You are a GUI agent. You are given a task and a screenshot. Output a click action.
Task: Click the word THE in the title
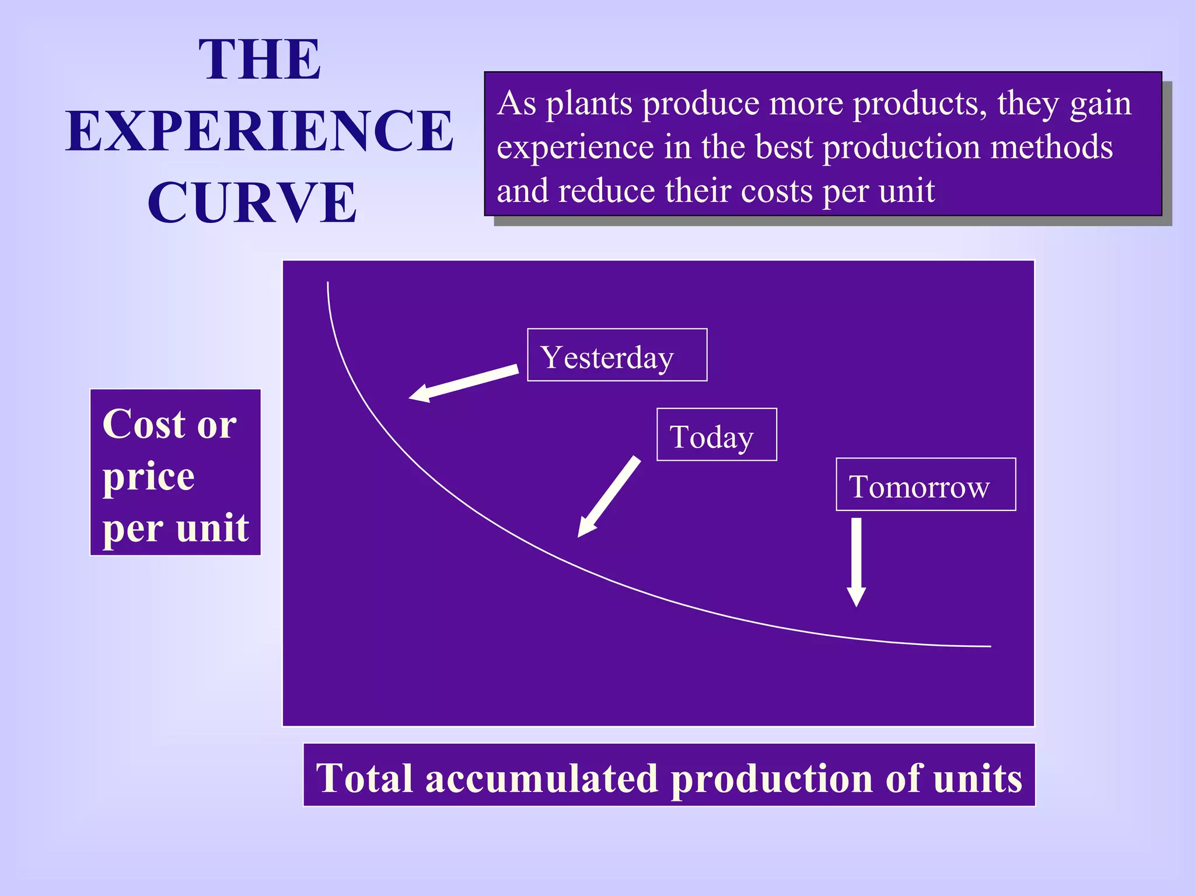[260, 60]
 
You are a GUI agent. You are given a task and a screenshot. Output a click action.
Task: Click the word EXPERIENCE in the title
[260, 131]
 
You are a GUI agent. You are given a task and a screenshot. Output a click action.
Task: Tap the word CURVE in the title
[252, 202]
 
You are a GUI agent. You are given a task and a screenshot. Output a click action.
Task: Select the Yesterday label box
[617, 355]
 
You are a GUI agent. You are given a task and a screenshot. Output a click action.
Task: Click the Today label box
[716, 435]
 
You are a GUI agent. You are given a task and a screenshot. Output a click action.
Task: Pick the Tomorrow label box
[925, 485]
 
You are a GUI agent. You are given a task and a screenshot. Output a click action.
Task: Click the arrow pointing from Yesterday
[464, 383]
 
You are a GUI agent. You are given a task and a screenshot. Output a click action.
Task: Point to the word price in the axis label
[149, 477]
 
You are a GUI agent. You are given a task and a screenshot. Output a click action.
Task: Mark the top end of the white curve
[328, 283]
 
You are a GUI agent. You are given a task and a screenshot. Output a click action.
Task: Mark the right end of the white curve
[990, 646]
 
